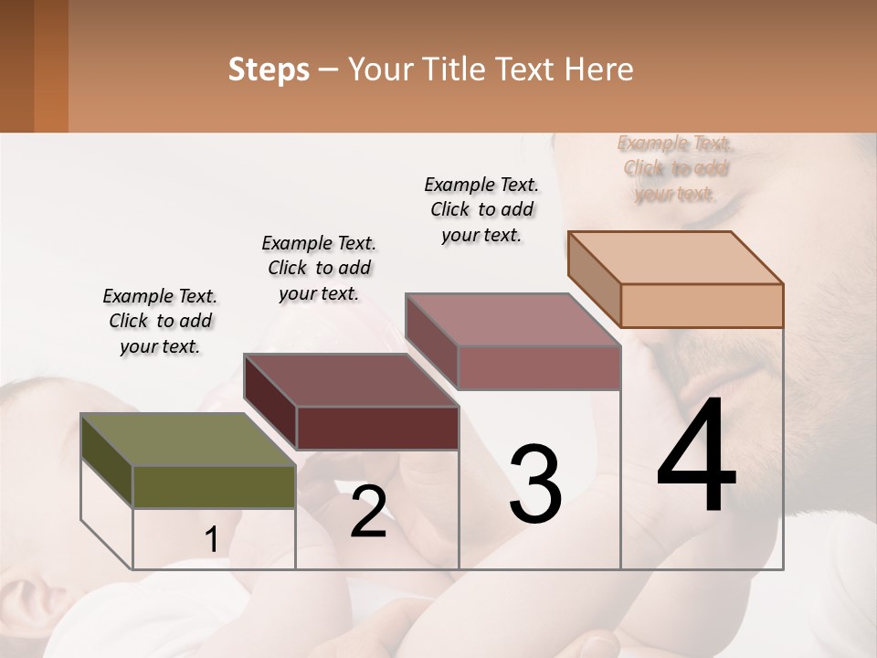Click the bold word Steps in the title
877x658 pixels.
pyautogui.click(x=269, y=69)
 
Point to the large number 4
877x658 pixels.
pyautogui.click(x=696, y=458)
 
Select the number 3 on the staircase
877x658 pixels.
pyautogui.click(x=534, y=483)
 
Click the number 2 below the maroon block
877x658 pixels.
pyautogui.click(x=368, y=512)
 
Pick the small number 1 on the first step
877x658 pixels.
pyautogui.click(x=212, y=540)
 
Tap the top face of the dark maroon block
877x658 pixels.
pyautogui.click(x=351, y=379)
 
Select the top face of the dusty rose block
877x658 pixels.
pyautogui.click(x=512, y=320)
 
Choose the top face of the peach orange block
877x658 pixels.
pyautogui.click(x=675, y=258)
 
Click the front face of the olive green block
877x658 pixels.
pyautogui.click(x=214, y=487)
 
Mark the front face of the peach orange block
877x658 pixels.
pyautogui.click(x=702, y=305)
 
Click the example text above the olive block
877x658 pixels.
pyautogui.click(x=160, y=321)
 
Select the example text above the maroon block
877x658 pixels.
pyautogui.click(x=319, y=268)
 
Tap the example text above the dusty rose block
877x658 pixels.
pyautogui.click(x=481, y=209)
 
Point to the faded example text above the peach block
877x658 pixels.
pyautogui.click(x=675, y=168)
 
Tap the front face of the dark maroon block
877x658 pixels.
pyautogui.click(x=377, y=428)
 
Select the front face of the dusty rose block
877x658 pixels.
pyautogui.click(x=539, y=368)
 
